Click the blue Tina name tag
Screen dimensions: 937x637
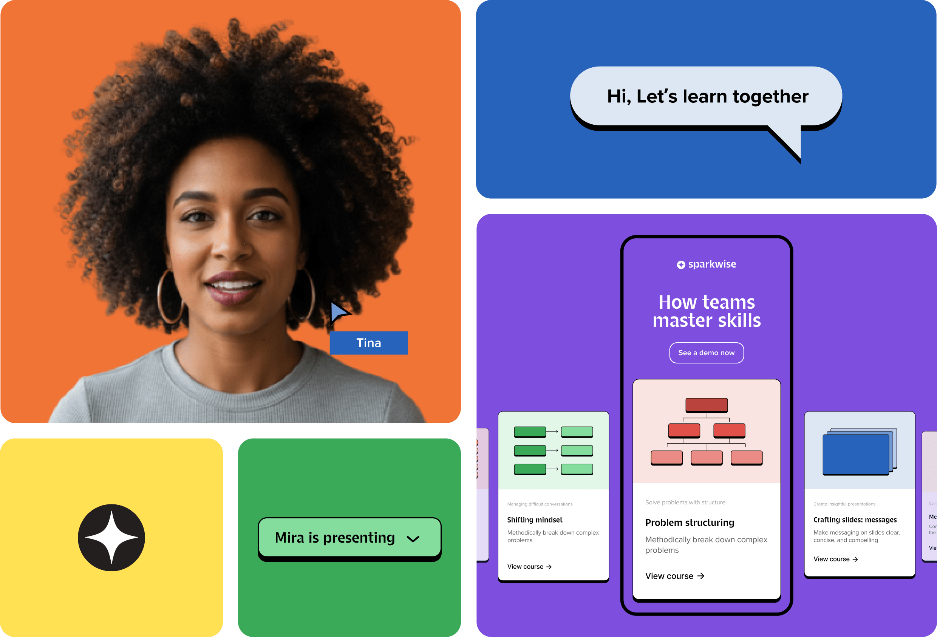point(368,343)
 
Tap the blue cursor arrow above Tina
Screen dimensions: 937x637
point(339,312)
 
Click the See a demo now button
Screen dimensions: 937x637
point(707,353)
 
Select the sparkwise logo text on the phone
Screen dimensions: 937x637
point(711,264)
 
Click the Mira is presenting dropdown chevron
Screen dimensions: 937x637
point(413,539)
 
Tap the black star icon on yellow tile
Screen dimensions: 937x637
point(111,537)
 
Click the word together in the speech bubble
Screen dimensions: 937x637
point(770,97)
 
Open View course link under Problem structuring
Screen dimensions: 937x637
point(674,576)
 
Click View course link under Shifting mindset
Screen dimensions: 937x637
point(529,567)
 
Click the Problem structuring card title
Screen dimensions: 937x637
point(690,523)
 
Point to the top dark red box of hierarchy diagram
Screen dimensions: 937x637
point(707,405)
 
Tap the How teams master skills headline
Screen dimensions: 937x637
point(707,311)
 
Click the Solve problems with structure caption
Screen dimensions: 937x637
point(685,502)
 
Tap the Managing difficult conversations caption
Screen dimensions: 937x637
point(540,504)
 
